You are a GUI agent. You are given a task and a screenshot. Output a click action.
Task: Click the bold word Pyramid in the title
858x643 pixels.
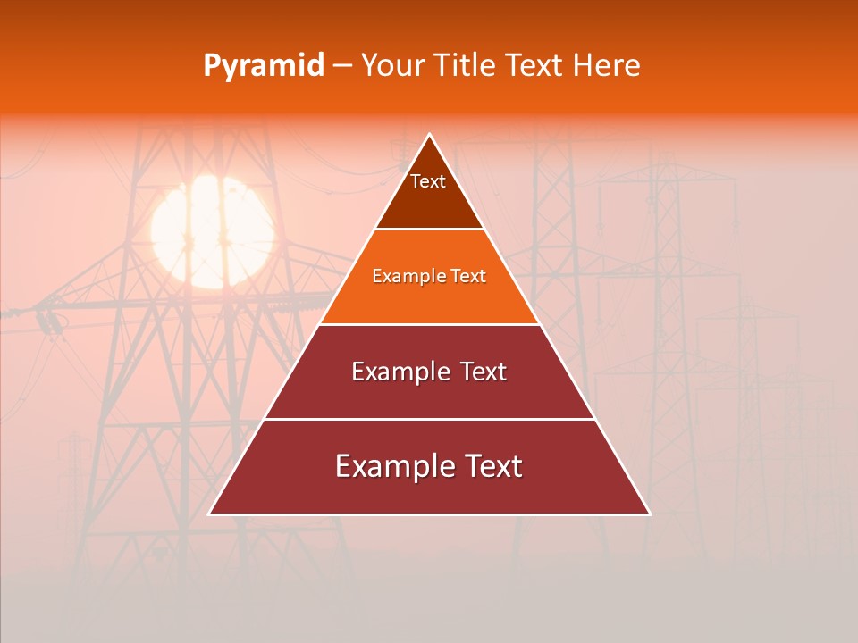tap(263, 66)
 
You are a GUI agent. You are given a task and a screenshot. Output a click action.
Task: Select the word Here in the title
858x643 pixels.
tap(606, 66)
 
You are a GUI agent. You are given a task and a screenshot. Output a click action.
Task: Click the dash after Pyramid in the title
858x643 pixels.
tap(342, 66)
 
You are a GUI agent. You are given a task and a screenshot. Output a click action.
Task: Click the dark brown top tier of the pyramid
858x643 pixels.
tap(429, 201)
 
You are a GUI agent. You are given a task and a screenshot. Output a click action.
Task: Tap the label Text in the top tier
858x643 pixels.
tap(428, 181)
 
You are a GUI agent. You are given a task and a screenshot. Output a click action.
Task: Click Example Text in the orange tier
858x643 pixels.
tap(429, 277)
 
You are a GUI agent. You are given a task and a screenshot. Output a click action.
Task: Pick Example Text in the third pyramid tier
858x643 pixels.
tap(429, 372)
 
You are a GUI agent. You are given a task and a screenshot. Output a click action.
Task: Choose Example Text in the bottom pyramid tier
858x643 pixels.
tap(429, 466)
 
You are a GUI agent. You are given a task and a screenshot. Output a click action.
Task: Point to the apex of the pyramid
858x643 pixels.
tap(429, 135)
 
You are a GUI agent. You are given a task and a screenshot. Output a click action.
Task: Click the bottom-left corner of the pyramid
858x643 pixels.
tap(210, 514)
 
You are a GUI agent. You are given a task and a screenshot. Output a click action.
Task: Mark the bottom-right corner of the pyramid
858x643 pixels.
tap(649, 514)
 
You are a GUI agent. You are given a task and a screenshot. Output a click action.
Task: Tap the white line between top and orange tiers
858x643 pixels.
tap(429, 230)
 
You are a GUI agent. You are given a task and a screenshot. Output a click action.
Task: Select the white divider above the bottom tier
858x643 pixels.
tap(429, 419)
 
